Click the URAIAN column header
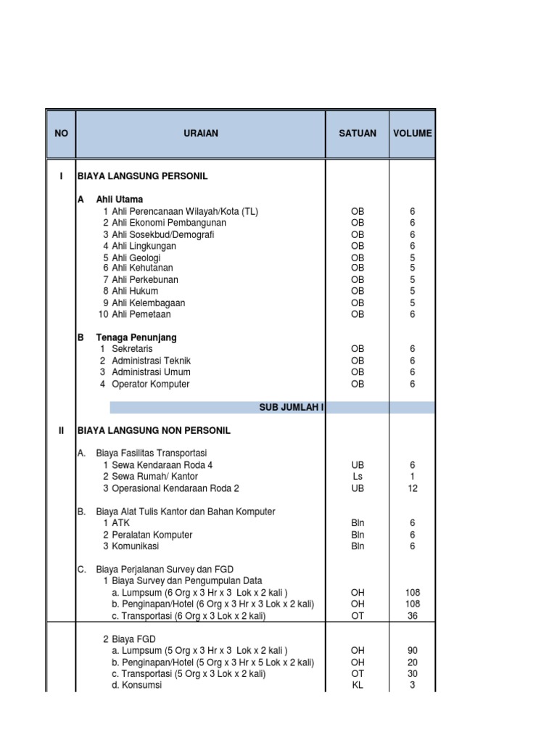tap(200, 134)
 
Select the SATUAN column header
tap(358, 134)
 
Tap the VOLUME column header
tap(413, 134)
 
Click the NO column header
tap(61, 134)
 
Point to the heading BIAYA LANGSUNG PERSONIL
tap(147, 176)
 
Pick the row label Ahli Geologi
tap(136, 258)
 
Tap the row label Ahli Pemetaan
tap(141, 314)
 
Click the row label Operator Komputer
tap(151, 384)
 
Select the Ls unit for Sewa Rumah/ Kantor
tap(358, 477)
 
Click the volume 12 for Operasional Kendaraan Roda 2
tap(413, 488)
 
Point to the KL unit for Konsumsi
tap(358, 685)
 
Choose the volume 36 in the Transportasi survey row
tap(413, 616)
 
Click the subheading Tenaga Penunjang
tap(136, 337)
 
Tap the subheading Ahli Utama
tap(120, 200)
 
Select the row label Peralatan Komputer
tap(152, 535)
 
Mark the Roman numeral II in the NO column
tap(61, 430)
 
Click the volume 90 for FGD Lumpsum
tap(413, 650)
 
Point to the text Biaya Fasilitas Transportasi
tap(152, 453)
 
